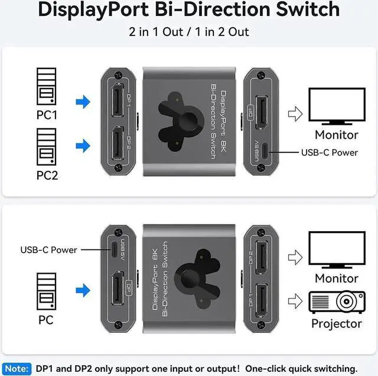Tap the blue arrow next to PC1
[x=83, y=102]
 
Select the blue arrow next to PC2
[x=83, y=145]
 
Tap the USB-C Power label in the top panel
[x=330, y=152]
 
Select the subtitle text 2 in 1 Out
[x=155, y=31]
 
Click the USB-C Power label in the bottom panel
[x=49, y=249]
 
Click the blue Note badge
[x=17, y=368]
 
